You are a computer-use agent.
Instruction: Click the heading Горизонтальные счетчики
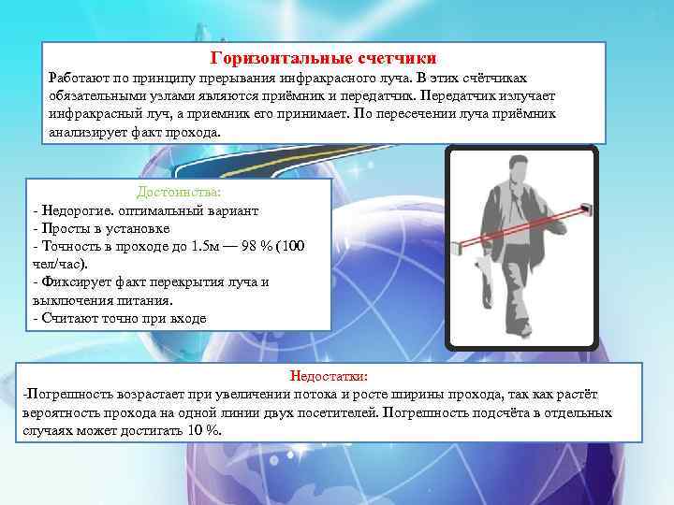(x=323, y=57)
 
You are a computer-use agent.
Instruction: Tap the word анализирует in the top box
(x=87, y=132)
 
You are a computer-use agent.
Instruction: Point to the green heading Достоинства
(x=178, y=192)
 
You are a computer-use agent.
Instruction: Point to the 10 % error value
(x=203, y=430)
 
